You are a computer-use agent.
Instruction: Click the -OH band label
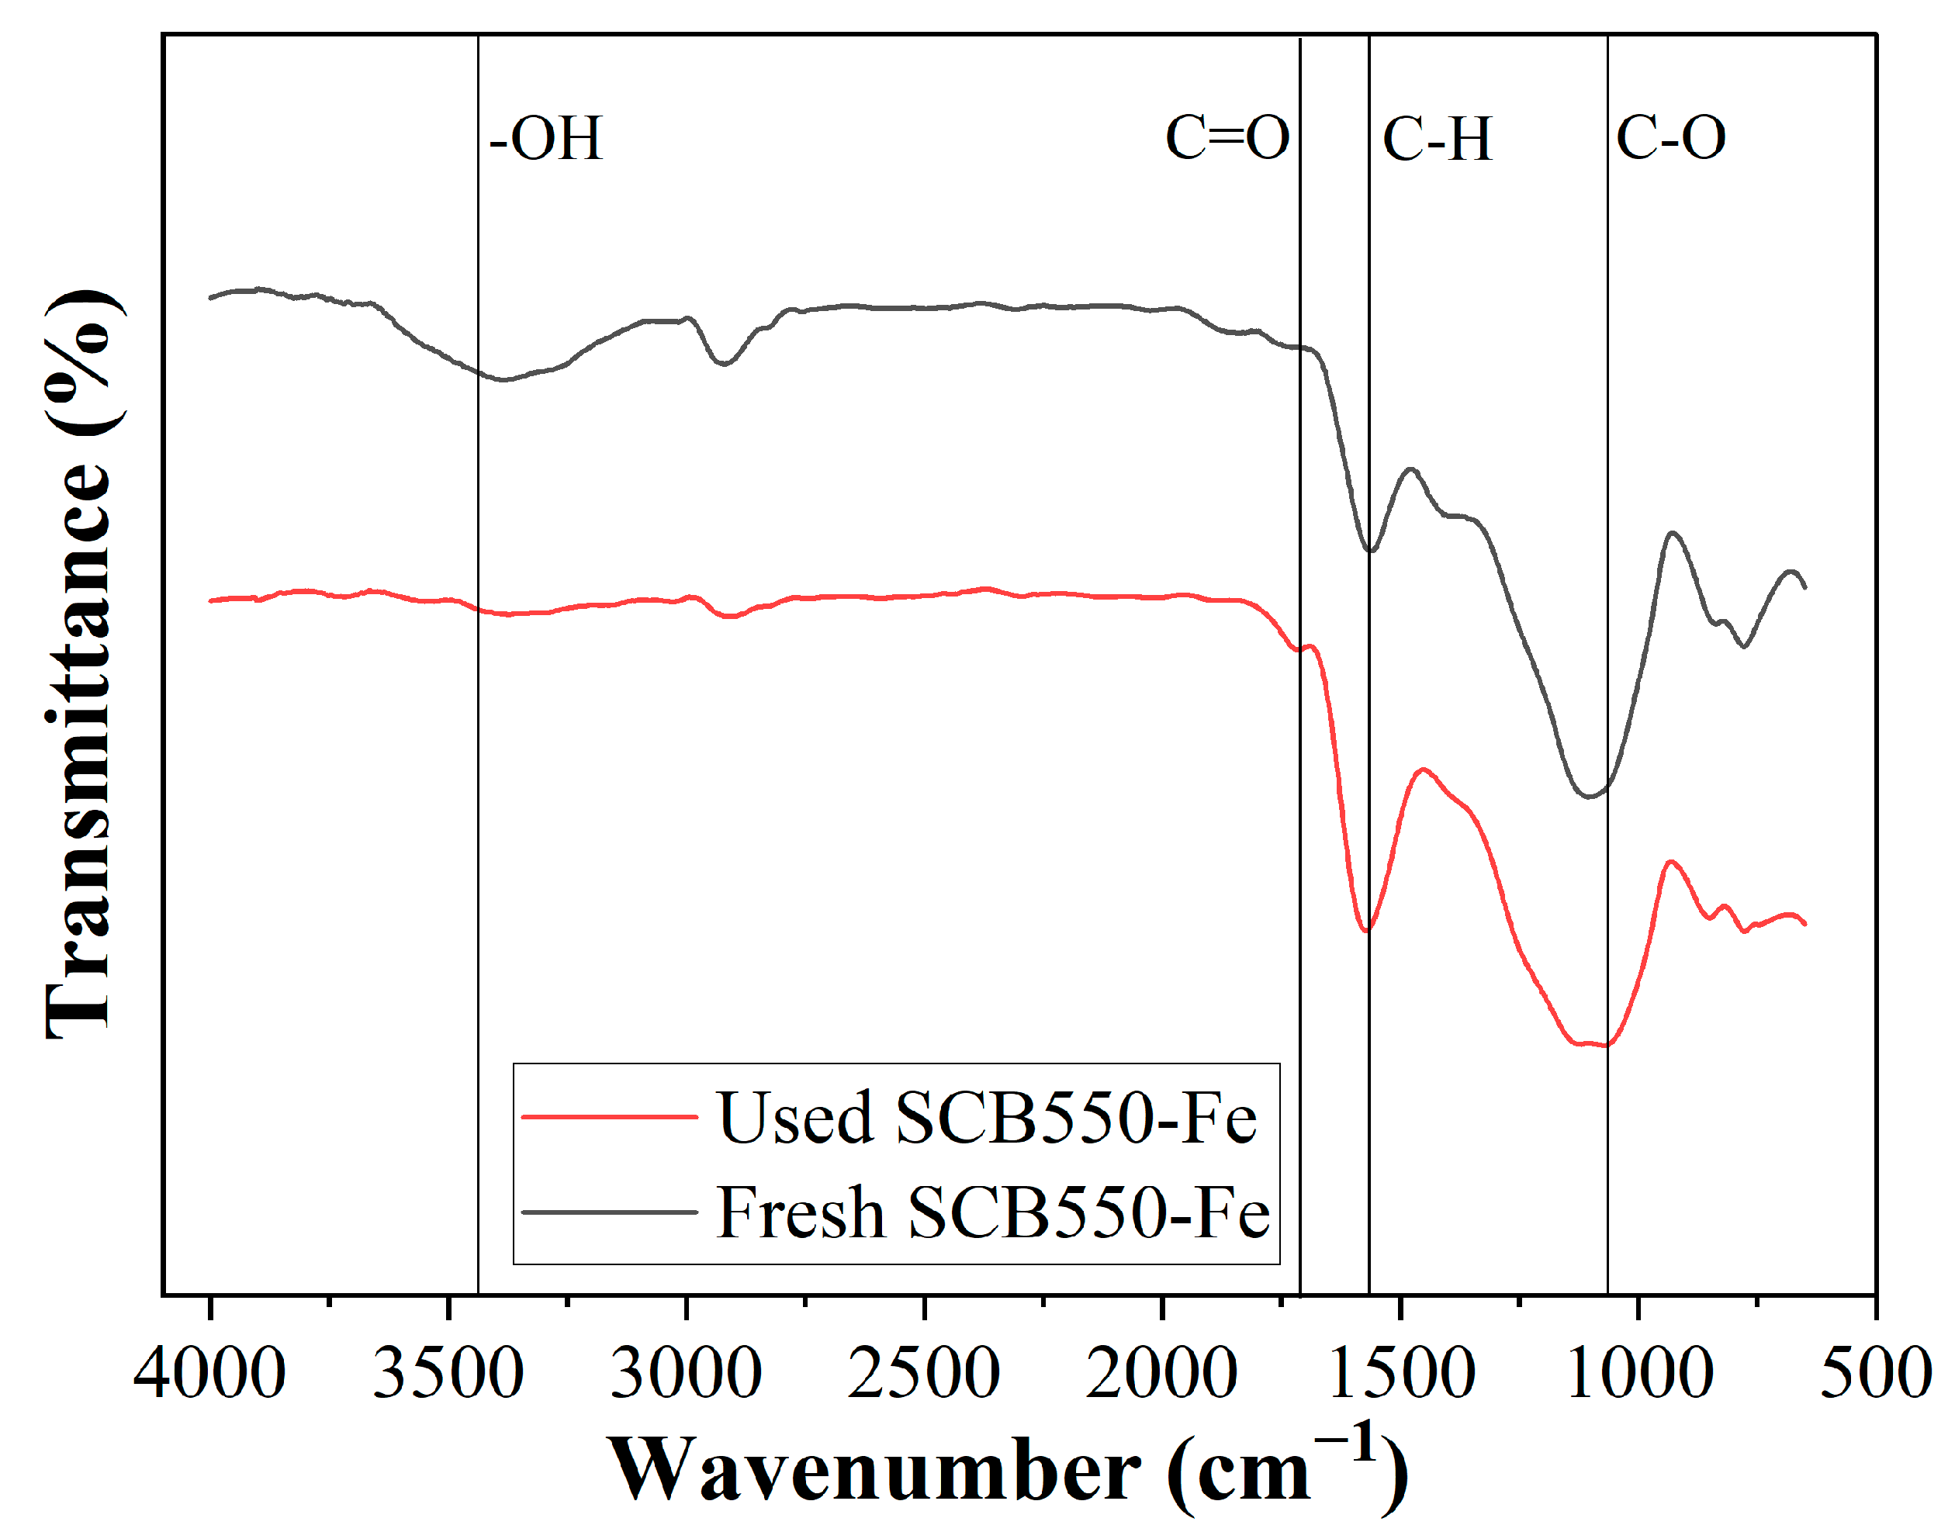click(x=545, y=139)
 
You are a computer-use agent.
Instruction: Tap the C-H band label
click(x=1437, y=139)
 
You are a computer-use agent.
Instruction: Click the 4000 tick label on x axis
click(x=209, y=1373)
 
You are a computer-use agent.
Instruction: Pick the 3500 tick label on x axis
click(x=448, y=1373)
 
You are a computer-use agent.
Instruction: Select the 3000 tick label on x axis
click(x=686, y=1373)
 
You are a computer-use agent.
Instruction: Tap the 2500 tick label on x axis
click(x=923, y=1373)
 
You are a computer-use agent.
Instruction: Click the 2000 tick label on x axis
click(x=1161, y=1373)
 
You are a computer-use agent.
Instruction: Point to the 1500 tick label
click(x=1401, y=1373)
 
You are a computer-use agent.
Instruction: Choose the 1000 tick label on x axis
click(x=1638, y=1373)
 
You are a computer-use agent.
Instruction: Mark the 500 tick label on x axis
click(x=1876, y=1373)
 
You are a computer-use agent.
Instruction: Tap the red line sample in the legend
click(x=610, y=1117)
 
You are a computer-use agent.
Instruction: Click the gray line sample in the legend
click(x=610, y=1212)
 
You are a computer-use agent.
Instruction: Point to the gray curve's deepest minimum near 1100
click(x=1590, y=797)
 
